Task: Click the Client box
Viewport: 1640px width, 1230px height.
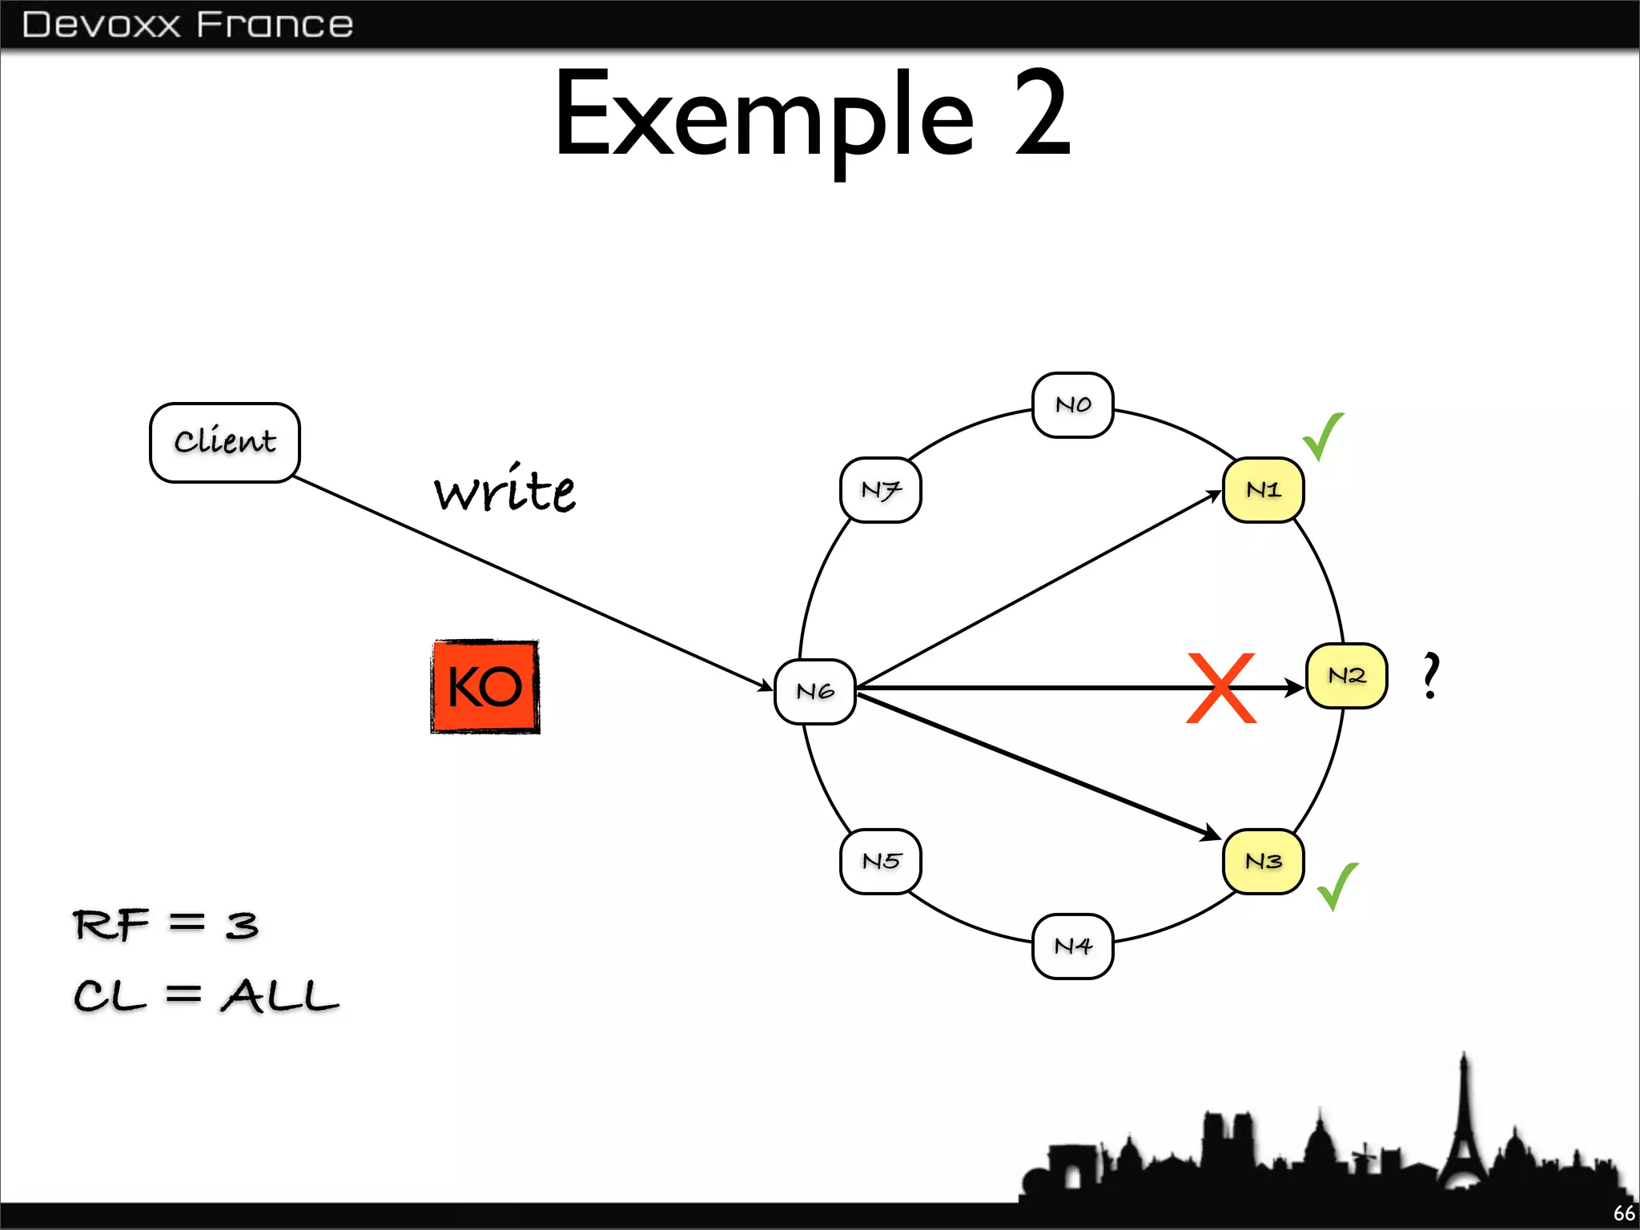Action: pos(225,442)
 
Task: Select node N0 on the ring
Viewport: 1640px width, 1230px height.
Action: pos(1073,405)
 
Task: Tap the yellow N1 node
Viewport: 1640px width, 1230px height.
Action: pos(1264,490)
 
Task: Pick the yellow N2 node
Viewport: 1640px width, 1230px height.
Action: pos(1347,676)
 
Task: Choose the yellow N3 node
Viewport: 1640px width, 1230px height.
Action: pos(1264,862)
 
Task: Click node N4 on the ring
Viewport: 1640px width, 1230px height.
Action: pos(1073,947)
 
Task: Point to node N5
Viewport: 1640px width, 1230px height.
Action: pos(881,862)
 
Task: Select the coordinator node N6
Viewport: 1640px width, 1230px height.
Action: pos(815,691)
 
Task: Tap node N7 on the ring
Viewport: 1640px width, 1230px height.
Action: pos(881,490)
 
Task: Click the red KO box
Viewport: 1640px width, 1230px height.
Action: pos(485,686)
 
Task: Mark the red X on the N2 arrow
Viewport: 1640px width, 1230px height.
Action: pos(1221,688)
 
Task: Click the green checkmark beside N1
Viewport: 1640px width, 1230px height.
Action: pos(1323,436)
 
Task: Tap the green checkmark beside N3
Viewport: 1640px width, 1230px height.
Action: pos(1337,886)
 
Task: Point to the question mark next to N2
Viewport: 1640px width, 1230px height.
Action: pos(1431,676)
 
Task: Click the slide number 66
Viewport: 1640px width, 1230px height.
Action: pos(1624,1213)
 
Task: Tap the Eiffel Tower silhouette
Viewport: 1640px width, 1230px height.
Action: pos(1464,1129)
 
